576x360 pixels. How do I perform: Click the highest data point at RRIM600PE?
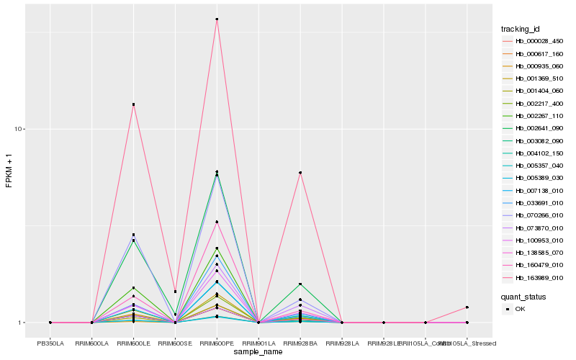pyautogui.click(x=217, y=19)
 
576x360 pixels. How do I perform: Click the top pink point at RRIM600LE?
pyautogui.click(x=133, y=104)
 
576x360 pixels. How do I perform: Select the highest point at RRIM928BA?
pyautogui.click(x=300, y=173)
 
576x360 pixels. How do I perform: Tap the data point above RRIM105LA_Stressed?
pyautogui.click(x=467, y=307)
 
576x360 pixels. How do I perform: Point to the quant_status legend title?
pyautogui.click(x=524, y=297)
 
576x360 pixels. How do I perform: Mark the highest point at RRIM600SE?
pyautogui.click(x=175, y=292)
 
